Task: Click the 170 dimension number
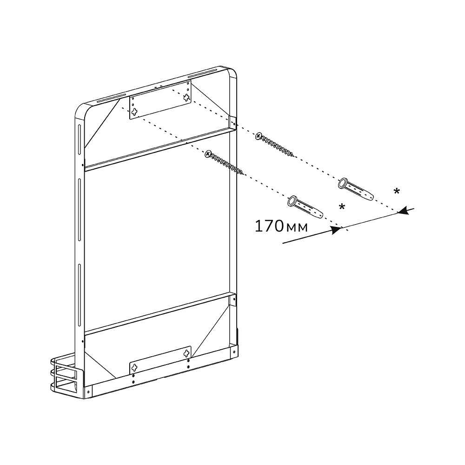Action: [x=269, y=226]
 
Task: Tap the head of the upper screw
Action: [x=259, y=136]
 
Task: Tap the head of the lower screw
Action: [x=208, y=153]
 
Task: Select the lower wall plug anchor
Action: [x=306, y=206]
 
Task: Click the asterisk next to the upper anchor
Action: [x=396, y=191]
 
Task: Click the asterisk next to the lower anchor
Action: [x=342, y=207]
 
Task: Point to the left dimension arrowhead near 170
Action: [x=336, y=230]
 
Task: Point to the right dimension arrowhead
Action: [x=403, y=211]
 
